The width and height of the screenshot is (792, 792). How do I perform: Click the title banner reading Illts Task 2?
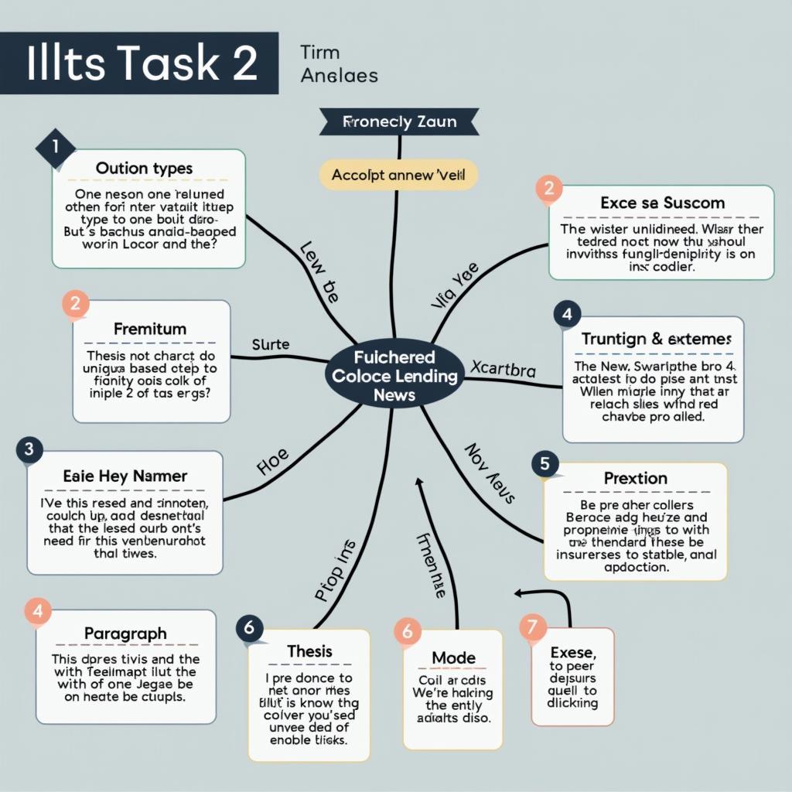pyautogui.click(x=140, y=63)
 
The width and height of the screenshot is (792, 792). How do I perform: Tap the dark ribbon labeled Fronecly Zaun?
pyautogui.click(x=399, y=121)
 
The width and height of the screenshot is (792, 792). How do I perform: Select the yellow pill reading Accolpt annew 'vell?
pyautogui.click(x=398, y=175)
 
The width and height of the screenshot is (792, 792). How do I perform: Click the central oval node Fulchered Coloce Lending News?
pyautogui.click(x=394, y=376)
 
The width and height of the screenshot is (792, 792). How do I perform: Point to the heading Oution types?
pyautogui.click(x=144, y=168)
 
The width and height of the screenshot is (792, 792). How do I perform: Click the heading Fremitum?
pyautogui.click(x=150, y=329)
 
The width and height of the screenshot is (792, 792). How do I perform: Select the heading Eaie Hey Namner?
pyautogui.click(x=125, y=476)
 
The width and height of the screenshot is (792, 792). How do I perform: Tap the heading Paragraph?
pyautogui.click(x=125, y=633)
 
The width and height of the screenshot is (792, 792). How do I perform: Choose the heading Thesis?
pyautogui.click(x=309, y=651)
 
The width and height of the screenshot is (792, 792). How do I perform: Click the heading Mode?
pyautogui.click(x=453, y=657)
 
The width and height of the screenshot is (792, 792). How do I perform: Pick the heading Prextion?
pyautogui.click(x=636, y=478)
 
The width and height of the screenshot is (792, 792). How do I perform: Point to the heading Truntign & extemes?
pyautogui.click(x=656, y=339)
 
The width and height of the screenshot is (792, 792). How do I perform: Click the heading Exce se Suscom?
pyautogui.click(x=662, y=203)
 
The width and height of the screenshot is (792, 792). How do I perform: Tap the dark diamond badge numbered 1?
pyautogui.click(x=55, y=146)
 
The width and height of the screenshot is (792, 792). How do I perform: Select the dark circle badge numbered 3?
pyautogui.click(x=29, y=449)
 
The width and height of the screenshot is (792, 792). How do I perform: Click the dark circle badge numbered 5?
pyautogui.click(x=545, y=464)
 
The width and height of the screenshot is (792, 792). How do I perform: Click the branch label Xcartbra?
pyautogui.click(x=503, y=370)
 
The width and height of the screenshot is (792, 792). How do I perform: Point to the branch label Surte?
pyautogui.click(x=270, y=344)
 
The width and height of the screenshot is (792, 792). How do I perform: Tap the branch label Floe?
pyautogui.click(x=272, y=462)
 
